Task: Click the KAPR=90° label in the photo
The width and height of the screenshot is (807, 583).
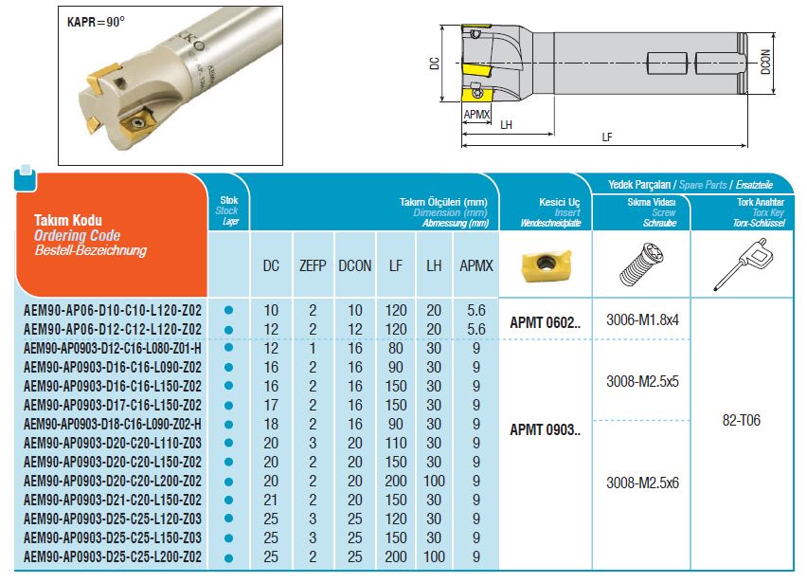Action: click(96, 22)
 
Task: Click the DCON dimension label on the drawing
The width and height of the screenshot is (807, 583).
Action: click(765, 62)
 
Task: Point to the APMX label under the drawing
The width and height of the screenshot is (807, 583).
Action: click(476, 114)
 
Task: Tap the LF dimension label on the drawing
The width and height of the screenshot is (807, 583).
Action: click(607, 137)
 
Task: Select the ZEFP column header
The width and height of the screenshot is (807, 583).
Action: click(313, 265)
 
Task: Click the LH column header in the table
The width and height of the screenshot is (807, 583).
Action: click(434, 265)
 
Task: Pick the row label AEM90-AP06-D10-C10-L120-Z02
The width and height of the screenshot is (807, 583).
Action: click(112, 311)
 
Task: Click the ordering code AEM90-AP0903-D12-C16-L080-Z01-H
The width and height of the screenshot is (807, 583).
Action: click(112, 349)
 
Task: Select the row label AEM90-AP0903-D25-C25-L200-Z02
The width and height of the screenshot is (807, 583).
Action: click(112, 556)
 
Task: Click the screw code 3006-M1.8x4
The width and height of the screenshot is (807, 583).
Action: click(642, 319)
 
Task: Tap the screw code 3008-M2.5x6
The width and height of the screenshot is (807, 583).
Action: click(642, 483)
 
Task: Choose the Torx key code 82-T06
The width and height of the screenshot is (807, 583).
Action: click(741, 420)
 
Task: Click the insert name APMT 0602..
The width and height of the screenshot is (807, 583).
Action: click(545, 323)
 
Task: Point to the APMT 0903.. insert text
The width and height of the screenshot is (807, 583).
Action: click(545, 429)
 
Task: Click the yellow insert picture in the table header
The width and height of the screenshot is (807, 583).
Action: click(547, 265)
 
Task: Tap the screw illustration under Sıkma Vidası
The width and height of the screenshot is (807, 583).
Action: click(642, 264)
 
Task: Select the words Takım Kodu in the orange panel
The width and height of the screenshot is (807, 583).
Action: click(68, 221)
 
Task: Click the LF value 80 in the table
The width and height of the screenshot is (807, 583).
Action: click(396, 349)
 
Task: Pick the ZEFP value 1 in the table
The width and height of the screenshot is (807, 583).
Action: click(313, 349)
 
